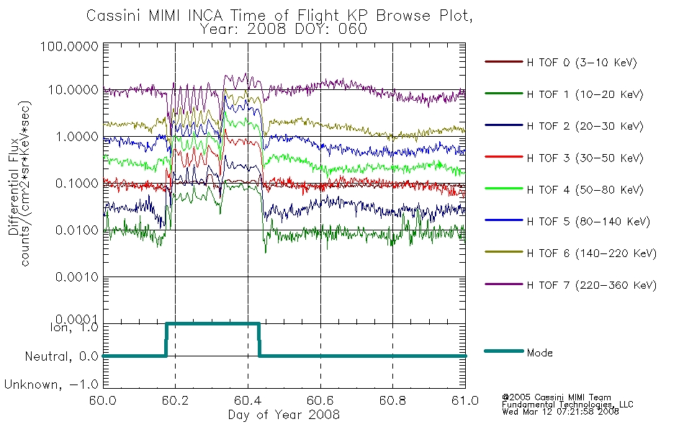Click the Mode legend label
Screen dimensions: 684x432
point(539,353)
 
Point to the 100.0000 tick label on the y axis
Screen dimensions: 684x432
point(69,46)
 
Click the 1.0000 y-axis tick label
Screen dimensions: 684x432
point(77,137)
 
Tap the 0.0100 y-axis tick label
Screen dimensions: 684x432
point(77,230)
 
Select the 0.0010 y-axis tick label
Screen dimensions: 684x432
point(77,277)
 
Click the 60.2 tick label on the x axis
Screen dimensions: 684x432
point(176,400)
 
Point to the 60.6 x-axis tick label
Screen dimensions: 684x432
point(320,400)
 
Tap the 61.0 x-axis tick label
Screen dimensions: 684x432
point(465,400)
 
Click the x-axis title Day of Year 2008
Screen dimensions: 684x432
point(284,415)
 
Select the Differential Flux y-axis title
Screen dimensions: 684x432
point(14,186)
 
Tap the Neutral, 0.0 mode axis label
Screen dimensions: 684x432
point(61,357)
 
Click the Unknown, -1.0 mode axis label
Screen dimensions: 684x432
point(51,385)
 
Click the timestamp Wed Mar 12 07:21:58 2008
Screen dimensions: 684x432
point(561,412)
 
